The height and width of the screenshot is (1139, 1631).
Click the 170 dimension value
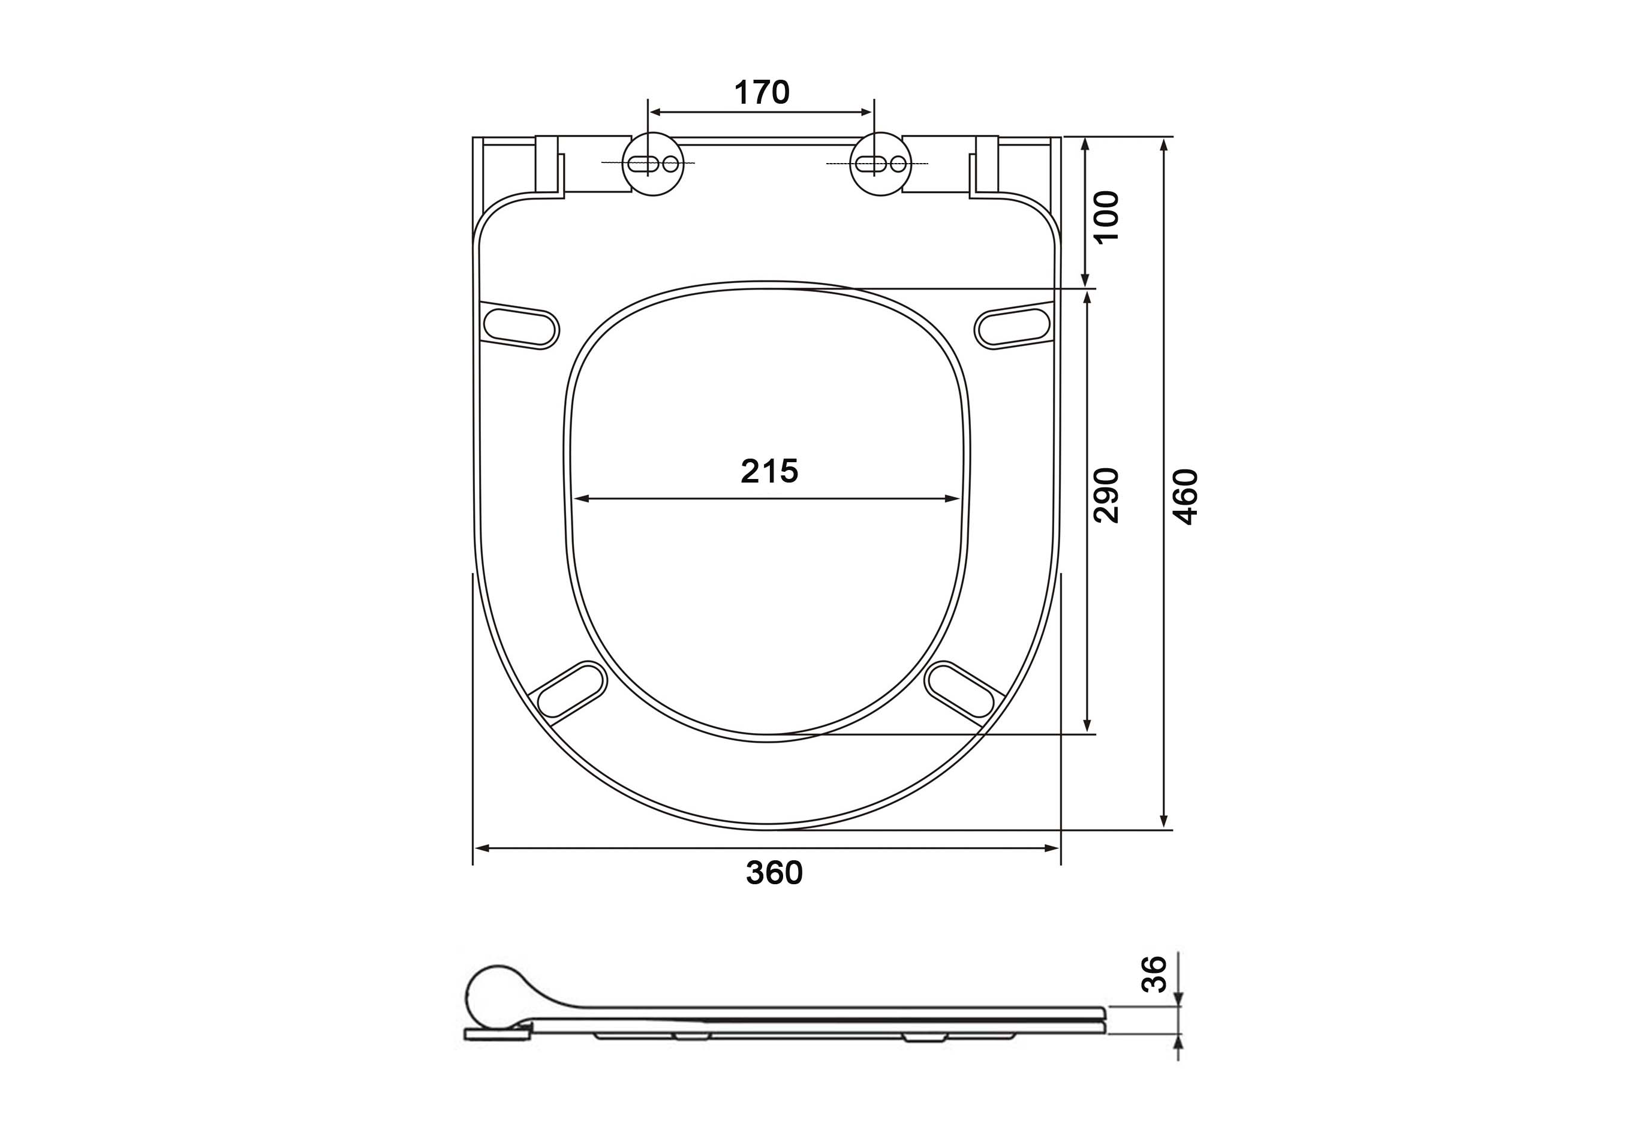pyautogui.click(x=762, y=92)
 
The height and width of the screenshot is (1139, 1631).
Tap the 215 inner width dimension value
pyautogui.click(x=769, y=471)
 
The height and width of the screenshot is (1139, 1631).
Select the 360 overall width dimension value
pyautogui.click(x=774, y=873)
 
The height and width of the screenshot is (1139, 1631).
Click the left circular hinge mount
pyautogui.click(x=654, y=164)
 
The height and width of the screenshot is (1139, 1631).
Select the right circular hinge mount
pyautogui.click(x=881, y=164)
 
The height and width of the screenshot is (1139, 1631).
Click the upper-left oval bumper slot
pyautogui.click(x=520, y=326)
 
